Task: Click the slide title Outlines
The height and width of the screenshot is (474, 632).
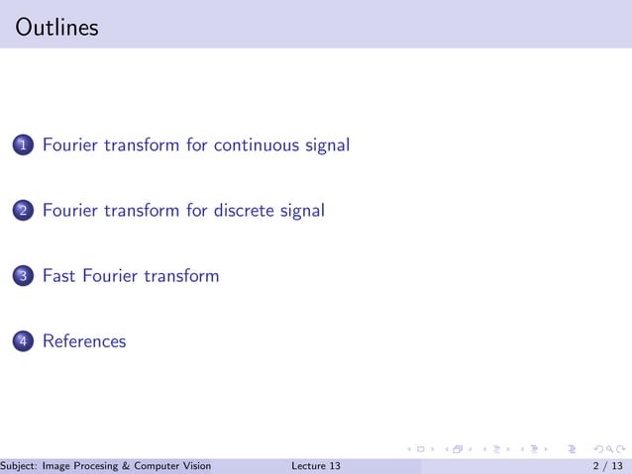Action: [x=57, y=28]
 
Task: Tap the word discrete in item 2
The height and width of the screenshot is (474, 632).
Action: [x=243, y=211]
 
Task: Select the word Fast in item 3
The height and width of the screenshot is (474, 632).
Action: [x=59, y=276]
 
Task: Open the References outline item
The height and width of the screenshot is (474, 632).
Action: [x=84, y=341]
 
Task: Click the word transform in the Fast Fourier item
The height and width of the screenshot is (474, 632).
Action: [x=181, y=276]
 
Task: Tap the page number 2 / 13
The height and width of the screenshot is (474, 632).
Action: [x=607, y=466]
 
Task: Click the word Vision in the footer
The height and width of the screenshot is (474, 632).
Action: [x=195, y=466]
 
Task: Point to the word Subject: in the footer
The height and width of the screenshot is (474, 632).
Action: [x=20, y=466]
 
